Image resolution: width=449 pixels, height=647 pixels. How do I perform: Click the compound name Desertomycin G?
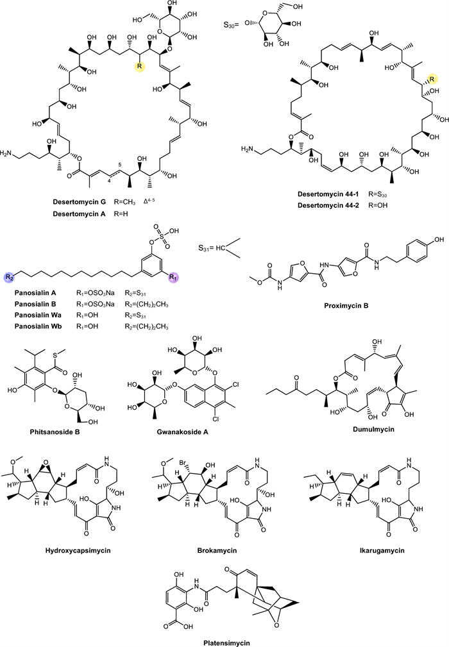click(81, 201)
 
